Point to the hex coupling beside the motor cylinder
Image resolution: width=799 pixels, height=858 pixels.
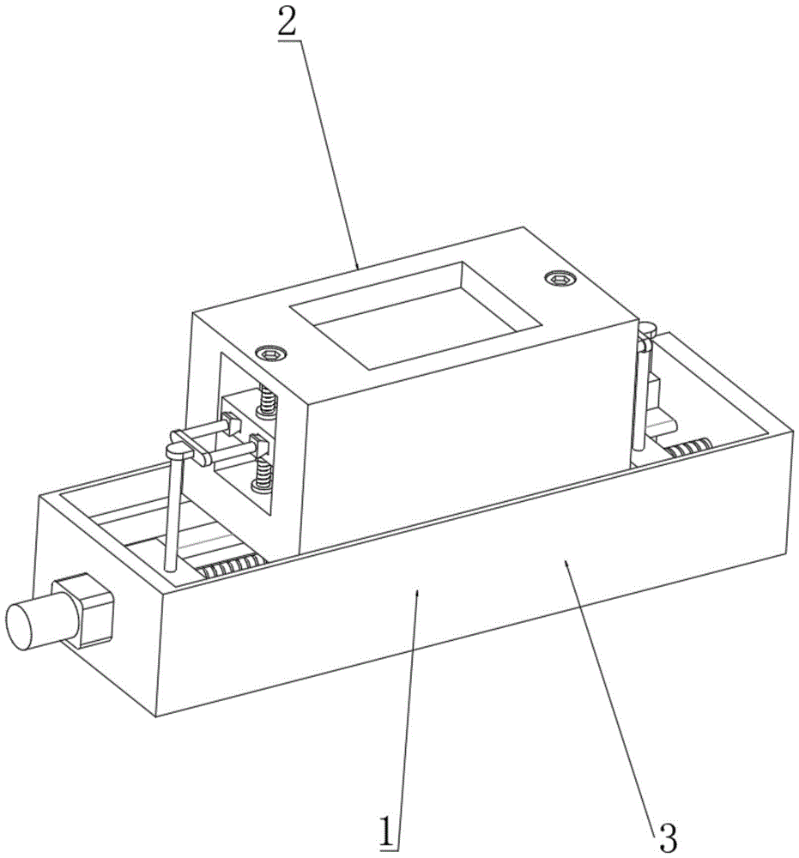86,610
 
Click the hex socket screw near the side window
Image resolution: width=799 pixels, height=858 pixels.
272,352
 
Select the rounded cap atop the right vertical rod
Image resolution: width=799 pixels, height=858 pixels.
649,326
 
